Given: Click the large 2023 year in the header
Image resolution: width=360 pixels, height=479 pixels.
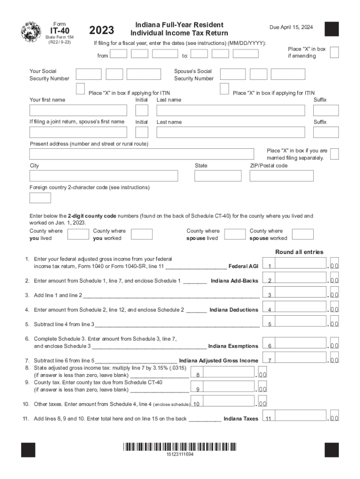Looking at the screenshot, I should [x=101, y=30].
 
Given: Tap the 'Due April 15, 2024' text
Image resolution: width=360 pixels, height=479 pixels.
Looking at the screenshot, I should [x=291, y=28].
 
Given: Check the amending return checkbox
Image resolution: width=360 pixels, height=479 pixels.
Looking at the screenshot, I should [x=334, y=52].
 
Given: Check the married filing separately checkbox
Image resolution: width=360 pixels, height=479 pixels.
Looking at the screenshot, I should [x=334, y=154].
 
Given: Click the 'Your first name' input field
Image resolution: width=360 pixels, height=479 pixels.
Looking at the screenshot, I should [x=78, y=110].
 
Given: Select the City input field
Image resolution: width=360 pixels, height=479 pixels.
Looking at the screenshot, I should [x=103, y=176].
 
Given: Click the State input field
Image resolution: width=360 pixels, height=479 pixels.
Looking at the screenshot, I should [x=218, y=176].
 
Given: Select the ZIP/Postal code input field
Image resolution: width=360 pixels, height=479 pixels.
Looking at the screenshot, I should [x=281, y=176].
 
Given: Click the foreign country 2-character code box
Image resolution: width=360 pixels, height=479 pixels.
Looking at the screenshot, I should [x=40, y=198].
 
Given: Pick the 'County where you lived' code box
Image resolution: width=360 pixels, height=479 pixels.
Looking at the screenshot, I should [x=78, y=234].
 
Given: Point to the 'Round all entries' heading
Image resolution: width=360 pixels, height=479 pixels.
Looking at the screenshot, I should [x=299, y=252].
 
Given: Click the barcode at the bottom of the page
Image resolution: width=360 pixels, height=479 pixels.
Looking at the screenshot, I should [x=180, y=447].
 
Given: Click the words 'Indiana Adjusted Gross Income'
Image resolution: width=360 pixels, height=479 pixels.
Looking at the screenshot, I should [x=218, y=361].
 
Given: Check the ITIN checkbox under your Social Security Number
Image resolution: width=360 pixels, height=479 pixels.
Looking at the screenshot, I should [x=80, y=89].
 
